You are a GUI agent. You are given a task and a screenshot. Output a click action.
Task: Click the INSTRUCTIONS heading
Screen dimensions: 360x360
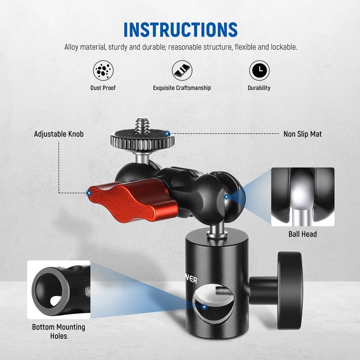tap(180, 30)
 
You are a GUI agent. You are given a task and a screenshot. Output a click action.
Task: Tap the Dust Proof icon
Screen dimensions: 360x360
tap(103, 71)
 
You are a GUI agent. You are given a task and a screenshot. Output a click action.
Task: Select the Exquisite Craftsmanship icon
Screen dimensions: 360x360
tap(182, 71)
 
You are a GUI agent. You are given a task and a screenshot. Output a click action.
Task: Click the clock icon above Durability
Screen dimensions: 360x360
tap(260, 71)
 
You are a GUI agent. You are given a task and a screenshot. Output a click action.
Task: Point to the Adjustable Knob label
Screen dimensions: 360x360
tap(59, 134)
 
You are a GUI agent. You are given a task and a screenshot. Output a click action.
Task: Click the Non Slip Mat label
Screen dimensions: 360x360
tap(302, 134)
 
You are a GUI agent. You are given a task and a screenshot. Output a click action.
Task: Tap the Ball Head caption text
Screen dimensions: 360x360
tap(302, 234)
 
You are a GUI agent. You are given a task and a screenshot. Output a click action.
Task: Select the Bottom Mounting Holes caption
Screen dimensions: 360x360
tap(58, 332)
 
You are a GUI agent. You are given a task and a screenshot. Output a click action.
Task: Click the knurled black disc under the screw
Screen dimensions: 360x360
tap(142, 140)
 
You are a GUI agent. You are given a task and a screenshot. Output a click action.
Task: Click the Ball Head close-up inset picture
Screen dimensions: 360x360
tap(302, 197)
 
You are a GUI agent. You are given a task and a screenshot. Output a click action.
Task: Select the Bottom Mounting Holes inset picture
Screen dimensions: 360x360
tap(59, 290)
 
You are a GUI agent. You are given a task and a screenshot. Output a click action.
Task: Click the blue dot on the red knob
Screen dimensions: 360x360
tap(89, 193)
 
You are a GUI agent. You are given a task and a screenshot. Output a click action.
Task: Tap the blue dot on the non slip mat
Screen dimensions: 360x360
tap(168, 133)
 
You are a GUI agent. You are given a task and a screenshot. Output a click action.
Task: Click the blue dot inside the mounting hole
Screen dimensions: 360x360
tap(204, 307)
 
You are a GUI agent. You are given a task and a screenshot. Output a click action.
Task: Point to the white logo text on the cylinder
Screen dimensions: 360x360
tap(191, 279)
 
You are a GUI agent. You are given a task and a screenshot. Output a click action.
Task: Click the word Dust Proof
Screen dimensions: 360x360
tap(103, 88)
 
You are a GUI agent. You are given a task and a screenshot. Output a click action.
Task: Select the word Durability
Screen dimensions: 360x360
tap(259, 88)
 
